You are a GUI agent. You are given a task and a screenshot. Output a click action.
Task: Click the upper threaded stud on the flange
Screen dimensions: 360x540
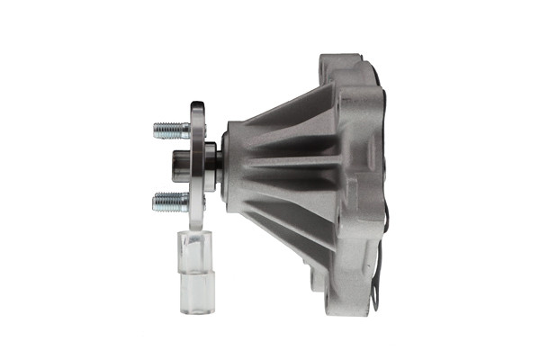pos(171,130)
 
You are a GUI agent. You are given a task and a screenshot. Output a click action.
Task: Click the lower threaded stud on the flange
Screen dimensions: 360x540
pos(171,201)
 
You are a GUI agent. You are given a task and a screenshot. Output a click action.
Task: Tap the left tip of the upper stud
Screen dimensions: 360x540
pos(155,130)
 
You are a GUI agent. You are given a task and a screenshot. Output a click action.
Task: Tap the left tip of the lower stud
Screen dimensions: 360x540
pos(155,201)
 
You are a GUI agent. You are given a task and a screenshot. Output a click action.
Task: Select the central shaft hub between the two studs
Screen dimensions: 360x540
pos(180,165)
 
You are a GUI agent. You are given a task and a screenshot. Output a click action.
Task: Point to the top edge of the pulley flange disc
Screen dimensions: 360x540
pos(197,104)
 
